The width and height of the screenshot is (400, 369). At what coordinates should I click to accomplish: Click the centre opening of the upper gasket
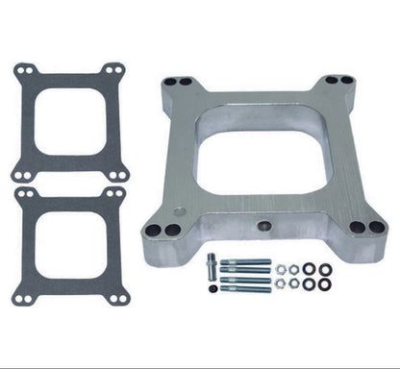pyautogui.click(x=70, y=121)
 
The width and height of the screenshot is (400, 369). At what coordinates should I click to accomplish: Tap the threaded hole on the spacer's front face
pyautogui.click(x=266, y=227)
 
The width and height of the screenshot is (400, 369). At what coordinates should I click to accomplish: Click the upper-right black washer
pyautogui.click(x=325, y=269)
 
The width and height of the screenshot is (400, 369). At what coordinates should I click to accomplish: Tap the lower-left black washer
pyautogui.click(x=309, y=284)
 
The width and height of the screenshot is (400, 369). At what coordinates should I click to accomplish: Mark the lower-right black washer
pyautogui.click(x=325, y=284)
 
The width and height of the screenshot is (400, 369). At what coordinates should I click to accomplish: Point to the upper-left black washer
pyautogui.click(x=309, y=269)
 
